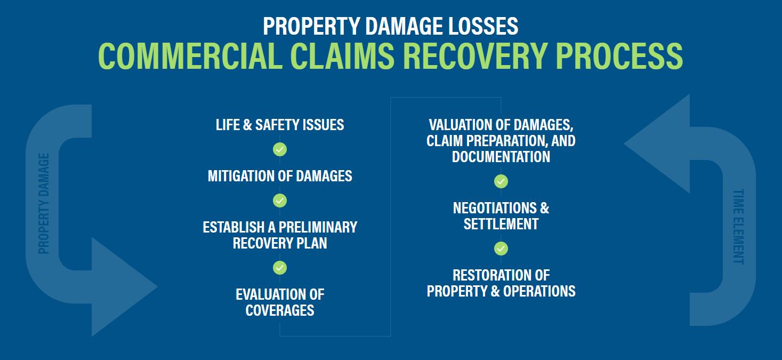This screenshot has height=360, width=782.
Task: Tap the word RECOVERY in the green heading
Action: (475, 56)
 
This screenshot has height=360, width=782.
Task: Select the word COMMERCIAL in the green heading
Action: (190, 56)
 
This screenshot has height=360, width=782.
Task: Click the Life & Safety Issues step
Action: (280, 125)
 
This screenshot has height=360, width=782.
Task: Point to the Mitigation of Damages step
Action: (280, 175)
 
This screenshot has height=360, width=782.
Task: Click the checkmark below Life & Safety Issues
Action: (280, 149)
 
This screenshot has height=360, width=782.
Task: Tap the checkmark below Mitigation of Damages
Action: (280, 201)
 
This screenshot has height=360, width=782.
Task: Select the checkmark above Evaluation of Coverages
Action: (280, 268)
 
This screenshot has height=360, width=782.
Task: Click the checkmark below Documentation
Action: (501, 181)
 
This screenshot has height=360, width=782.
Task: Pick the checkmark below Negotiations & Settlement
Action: (501, 249)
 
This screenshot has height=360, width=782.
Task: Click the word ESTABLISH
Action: (233, 227)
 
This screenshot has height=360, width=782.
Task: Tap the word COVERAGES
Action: (280, 310)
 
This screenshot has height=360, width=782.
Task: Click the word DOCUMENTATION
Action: (501, 156)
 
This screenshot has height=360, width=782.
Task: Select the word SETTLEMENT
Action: (501, 224)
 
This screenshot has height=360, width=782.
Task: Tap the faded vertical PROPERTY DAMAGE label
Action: (44, 203)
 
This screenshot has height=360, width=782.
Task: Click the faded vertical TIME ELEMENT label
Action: (738, 227)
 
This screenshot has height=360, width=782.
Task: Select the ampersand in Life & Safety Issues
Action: (247, 125)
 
